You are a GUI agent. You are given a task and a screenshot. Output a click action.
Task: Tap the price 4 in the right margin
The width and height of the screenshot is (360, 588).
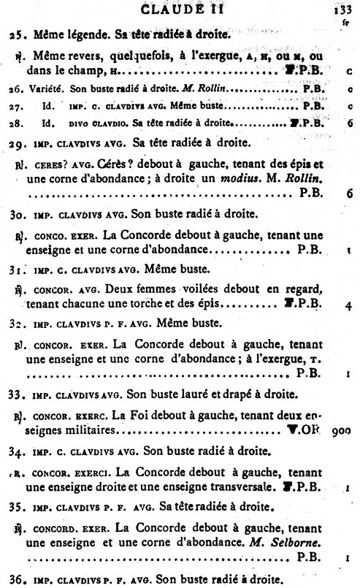point(350,304)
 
